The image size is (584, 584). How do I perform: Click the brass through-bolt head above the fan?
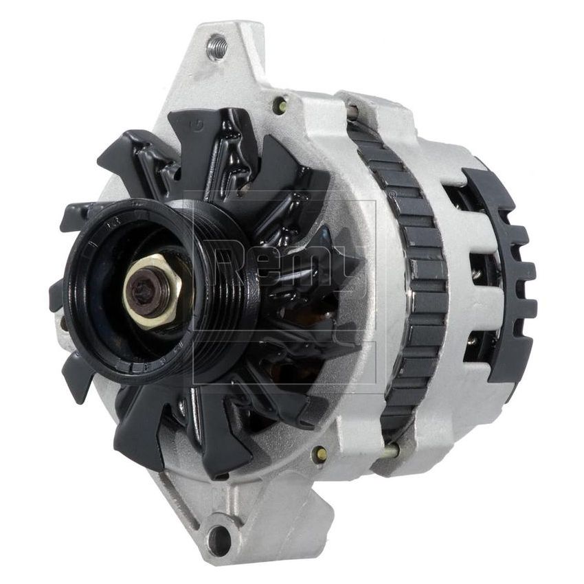(280, 105)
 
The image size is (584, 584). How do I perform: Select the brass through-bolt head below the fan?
(319, 454)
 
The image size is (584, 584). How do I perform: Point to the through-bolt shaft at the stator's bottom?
(390, 451)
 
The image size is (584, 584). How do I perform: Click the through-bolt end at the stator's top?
(352, 110)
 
